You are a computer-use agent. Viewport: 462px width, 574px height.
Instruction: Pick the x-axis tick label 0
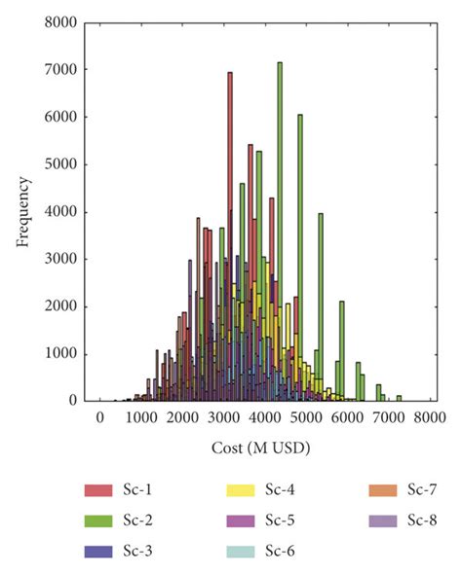pyautogui.click(x=99, y=417)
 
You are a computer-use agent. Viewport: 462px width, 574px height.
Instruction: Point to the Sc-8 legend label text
pyautogui.click(x=422, y=521)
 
